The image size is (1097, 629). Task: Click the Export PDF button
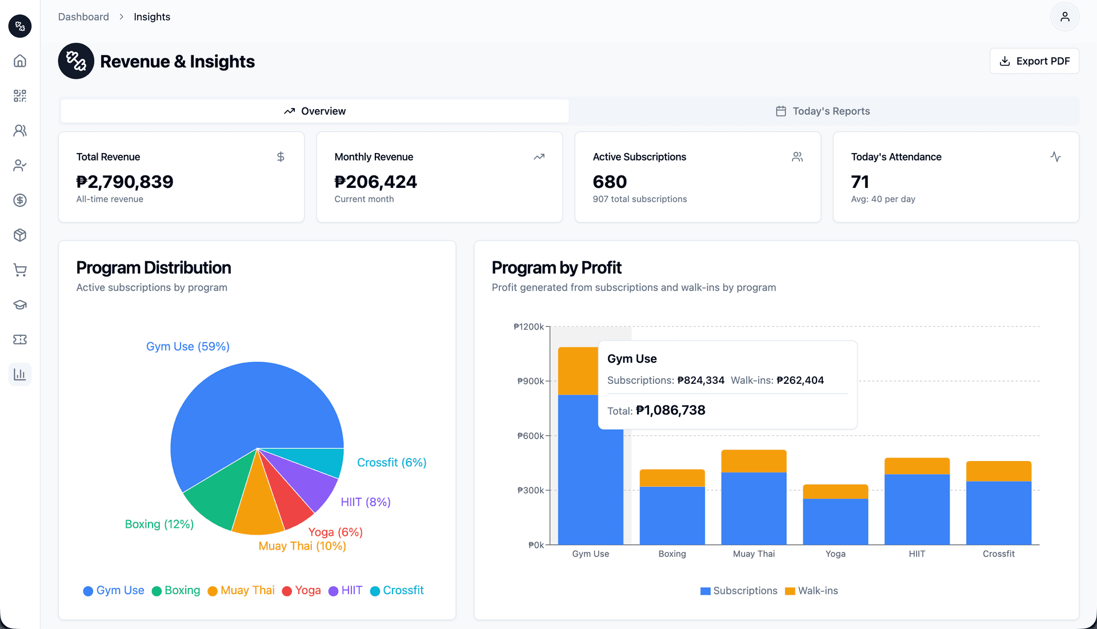point(1034,61)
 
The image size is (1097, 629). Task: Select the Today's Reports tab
point(823,111)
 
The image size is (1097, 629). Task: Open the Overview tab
point(315,111)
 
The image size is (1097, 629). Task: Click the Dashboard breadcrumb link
point(83,17)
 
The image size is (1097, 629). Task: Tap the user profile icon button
point(1064,17)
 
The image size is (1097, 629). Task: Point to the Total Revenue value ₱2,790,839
point(125,182)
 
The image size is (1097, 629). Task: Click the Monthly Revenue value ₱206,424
point(375,182)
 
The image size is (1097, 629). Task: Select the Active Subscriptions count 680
point(610,182)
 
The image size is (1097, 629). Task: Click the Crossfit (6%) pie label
point(391,463)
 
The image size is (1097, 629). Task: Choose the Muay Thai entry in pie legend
point(241,591)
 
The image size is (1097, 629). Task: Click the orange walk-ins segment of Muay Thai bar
point(754,461)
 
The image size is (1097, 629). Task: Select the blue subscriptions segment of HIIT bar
point(917,508)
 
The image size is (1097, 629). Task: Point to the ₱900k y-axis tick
point(531,381)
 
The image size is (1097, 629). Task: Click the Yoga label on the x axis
point(835,554)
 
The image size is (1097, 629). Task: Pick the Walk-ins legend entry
point(811,591)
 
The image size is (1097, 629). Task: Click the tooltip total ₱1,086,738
point(670,410)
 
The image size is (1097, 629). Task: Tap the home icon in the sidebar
point(20,61)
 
